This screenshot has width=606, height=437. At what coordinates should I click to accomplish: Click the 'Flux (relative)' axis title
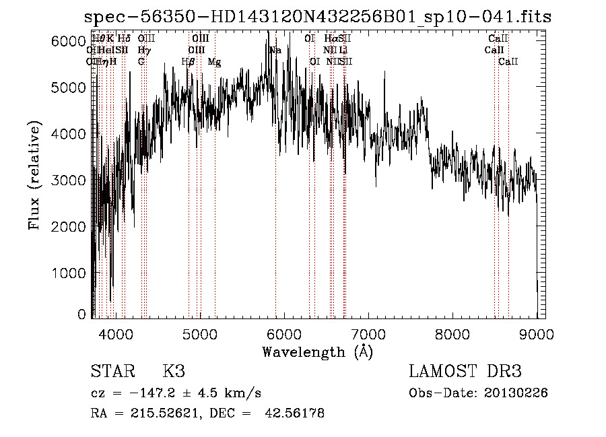point(35,176)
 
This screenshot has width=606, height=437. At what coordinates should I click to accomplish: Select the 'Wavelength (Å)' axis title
point(317,351)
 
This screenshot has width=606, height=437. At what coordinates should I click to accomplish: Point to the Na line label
point(275,51)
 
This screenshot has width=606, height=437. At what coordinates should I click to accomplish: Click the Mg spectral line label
point(214,62)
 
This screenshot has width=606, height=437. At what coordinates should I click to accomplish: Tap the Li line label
point(343,51)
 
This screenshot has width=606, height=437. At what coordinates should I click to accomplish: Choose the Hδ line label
point(124,39)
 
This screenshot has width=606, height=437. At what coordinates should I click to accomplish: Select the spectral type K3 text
point(174,372)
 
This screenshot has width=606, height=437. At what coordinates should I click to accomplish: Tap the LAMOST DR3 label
point(465,372)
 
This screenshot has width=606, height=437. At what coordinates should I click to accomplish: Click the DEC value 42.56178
point(297,413)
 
